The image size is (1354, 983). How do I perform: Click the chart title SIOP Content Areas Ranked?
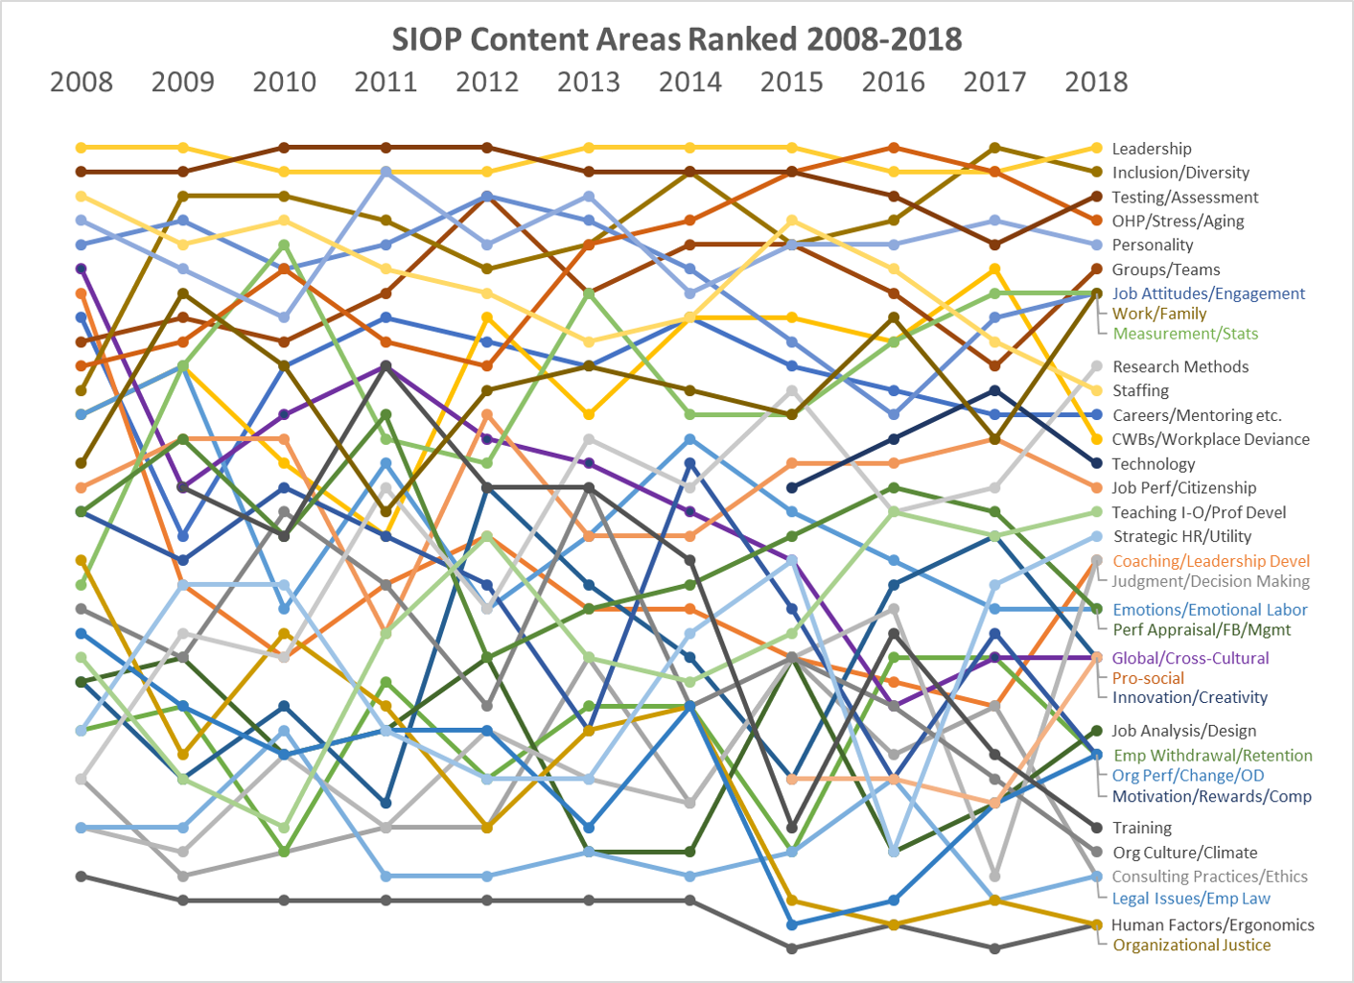[676, 39]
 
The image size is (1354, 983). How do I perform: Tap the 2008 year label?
[82, 82]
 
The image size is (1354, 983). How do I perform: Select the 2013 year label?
[589, 82]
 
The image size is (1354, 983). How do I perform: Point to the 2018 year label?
[1096, 82]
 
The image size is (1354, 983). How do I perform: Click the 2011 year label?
[385, 82]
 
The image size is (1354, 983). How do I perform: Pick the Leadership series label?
[1152, 149]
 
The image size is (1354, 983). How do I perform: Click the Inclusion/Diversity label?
[1180, 173]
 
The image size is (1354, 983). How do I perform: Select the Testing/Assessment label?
[1185, 198]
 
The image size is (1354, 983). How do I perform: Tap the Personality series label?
[1153, 246]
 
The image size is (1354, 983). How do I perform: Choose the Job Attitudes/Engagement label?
[1208, 293]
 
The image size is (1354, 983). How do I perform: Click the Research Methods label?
[1180, 366]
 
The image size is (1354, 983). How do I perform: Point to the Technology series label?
[1154, 464]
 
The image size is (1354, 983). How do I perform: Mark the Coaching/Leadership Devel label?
[1211, 561]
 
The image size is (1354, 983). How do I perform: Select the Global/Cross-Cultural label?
[1190, 658]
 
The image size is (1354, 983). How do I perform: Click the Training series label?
[1142, 828]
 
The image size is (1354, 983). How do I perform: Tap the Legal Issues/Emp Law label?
[1191, 899]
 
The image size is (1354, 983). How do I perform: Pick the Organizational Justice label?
[1192, 945]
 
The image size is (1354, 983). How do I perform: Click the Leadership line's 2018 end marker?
[1097, 148]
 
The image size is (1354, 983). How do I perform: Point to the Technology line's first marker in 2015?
[792, 488]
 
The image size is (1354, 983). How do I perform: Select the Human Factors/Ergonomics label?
[1213, 924]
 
